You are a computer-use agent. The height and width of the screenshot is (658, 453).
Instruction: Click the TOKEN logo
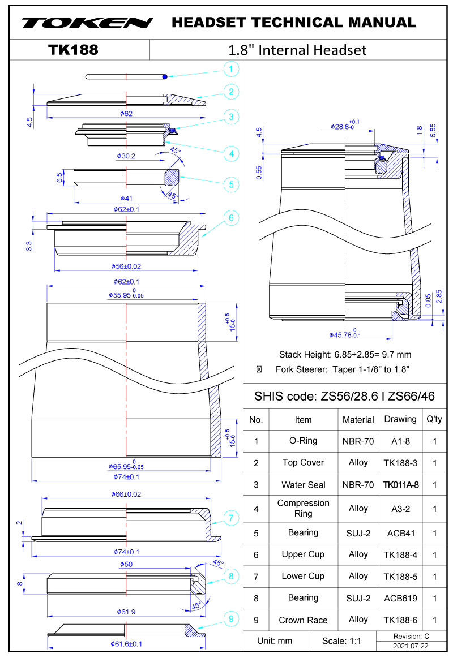tap(88, 23)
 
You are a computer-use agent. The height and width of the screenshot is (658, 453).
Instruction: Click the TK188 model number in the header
tap(74, 50)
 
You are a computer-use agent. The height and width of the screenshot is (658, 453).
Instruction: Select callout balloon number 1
tap(230, 70)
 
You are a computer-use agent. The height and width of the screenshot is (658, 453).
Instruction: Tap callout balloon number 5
tap(230, 184)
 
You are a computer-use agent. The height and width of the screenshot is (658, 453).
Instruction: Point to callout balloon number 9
tap(230, 620)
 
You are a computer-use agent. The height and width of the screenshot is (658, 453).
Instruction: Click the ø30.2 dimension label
tap(126, 156)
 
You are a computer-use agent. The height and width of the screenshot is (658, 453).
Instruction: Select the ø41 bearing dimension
tap(126, 199)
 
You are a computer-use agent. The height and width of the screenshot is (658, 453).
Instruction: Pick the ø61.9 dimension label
tap(127, 612)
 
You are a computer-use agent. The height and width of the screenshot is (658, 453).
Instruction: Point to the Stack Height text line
tap(345, 355)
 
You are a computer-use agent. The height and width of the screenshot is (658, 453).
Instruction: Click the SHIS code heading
tap(344, 396)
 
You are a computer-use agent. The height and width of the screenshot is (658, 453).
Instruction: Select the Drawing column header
tap(400, 419)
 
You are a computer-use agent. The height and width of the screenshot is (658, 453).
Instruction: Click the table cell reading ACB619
tap(400, 598)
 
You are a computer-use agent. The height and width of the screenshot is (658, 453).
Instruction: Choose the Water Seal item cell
tap(303, 485)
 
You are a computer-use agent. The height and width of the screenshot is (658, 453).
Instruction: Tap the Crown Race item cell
tap(303, 620)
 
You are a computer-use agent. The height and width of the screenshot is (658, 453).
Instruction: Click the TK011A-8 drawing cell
tap(400, 485)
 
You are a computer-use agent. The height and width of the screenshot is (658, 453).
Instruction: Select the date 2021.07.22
tap(411, 646)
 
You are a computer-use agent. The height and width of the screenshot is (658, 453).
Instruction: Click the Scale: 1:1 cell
tap(341, 641)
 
